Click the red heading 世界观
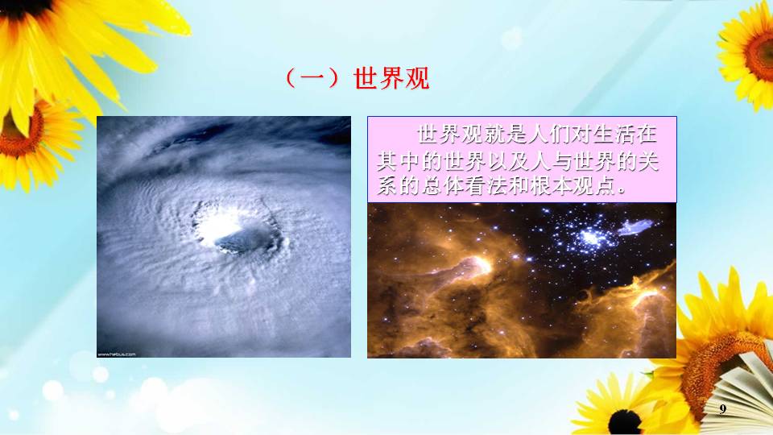tap(391, 79)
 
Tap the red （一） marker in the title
tap(312, 79)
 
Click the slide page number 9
tap(723, 408)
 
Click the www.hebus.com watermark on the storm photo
tap(117, 354)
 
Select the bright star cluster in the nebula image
tap(590, 238)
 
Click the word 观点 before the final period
tap(594, 185)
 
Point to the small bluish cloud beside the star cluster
tap(636, 227)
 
